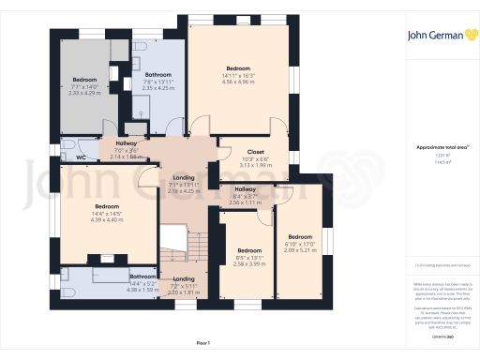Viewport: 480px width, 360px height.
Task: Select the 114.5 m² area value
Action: (x=434, y=161)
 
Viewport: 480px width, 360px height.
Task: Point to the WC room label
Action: (x=81, y=157)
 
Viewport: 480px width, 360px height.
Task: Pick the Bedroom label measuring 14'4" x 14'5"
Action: (x=106, y=206)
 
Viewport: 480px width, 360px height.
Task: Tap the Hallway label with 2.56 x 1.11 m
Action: (x=244, y=202)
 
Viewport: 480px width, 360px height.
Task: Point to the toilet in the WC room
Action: (x=67, y=147)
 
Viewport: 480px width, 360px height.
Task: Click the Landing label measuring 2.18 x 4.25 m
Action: (x=183, y=191)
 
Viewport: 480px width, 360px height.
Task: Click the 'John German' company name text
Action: (x=433, y=37)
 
